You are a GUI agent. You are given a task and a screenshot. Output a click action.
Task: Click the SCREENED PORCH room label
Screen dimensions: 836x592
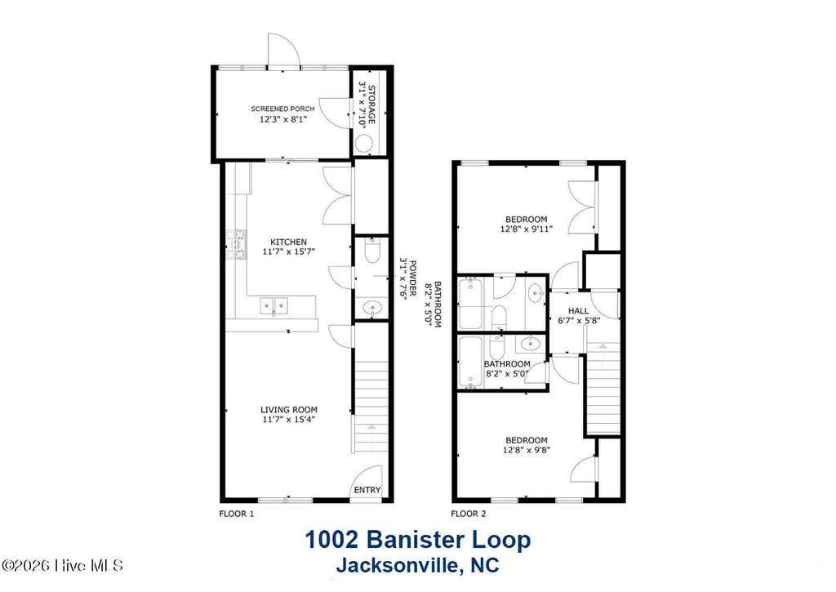pyautogui.click(x=282, y=109)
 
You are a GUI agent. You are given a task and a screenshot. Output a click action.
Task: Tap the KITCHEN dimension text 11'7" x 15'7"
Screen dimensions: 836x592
pyautogui.click(x=289, y=251)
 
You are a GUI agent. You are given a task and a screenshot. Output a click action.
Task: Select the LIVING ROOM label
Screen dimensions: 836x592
pyautogui.click(x=289, y=410)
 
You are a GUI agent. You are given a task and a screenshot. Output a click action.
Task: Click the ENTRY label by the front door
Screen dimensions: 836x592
pyautogui.click(x=367, y=490)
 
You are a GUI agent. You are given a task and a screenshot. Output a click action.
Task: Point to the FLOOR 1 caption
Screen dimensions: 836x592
pyautogui.click(x=237, y=514)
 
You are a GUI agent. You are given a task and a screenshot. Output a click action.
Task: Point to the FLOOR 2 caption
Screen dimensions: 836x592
pyautogui.click(x=469, y=514)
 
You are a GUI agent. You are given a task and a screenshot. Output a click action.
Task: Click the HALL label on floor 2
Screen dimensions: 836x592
pyautogui.click(x=579, y=311)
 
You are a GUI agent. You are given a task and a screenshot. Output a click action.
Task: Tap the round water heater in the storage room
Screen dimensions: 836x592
pyautogui.click(x=364, y=144)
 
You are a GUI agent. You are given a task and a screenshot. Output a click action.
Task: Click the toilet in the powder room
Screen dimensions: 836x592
pyautogui.click(x=372, y=250)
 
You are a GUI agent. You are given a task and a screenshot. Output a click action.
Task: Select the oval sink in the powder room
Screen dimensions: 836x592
pyautogui.click(x=371, y=308)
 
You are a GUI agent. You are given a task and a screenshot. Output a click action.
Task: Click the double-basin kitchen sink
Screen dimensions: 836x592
pyautogui.click(x=274, y=305)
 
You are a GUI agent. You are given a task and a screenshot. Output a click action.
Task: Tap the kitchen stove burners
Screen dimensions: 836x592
pyautogui.click(x=237, y=245)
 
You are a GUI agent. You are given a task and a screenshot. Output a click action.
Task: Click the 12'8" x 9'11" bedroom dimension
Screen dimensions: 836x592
pyautogui.click(x=527, y=229)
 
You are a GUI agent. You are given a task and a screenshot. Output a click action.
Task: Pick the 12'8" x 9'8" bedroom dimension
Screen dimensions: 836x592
pyautogui.click(x=527, y=450)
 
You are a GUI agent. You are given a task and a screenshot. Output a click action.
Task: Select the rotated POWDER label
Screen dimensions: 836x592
pyautogui.click(x=411, y=275)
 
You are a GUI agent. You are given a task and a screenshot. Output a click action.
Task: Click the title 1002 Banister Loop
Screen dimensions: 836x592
pyautogui.click(x=418, y=540)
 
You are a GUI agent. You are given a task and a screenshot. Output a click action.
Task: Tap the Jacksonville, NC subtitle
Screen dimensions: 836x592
pyautogui.click(x=418, y=564)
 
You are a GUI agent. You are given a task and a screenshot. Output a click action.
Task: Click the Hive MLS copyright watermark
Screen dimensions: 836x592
pyautogui.click(x=62, y=565)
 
